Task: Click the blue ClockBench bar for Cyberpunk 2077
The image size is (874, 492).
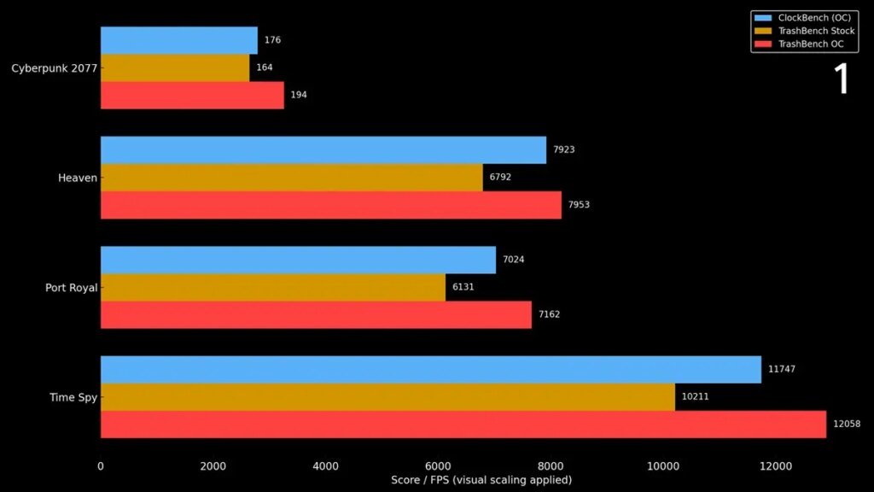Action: [179, 40]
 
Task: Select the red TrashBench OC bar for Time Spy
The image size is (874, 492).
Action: [463, 425]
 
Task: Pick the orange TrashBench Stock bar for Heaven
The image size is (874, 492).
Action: [291, 178]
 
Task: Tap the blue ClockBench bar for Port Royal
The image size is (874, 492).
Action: [298, 260]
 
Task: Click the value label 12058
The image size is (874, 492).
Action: [848, 425]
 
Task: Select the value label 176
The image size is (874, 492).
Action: [272, 40]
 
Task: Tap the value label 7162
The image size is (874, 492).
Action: [549, 314]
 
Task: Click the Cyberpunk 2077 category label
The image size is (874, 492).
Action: [54, 68]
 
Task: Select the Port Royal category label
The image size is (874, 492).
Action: [71, 288]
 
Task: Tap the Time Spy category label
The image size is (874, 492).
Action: [73, 397]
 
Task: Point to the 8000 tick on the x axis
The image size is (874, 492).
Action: [551, 466]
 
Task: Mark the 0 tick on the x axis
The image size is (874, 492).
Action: [101, 466]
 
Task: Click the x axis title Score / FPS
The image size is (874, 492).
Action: [481, 480]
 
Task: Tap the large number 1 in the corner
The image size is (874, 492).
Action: [842, 79]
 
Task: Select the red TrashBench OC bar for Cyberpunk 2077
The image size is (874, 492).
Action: [192, 95]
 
